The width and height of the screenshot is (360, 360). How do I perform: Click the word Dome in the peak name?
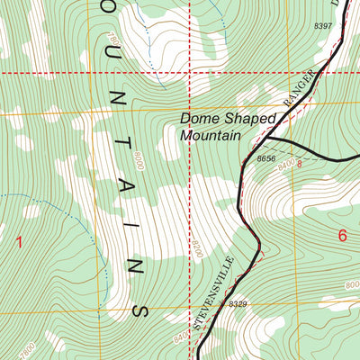(x=195, y=118)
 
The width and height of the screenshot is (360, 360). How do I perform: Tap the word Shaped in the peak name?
(x=234, y=118)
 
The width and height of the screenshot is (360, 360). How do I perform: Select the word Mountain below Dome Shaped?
(x=211, y=135)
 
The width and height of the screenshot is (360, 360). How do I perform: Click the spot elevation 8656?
(x=265, y=158)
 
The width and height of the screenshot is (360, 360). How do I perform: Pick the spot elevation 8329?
(x=237, y=305)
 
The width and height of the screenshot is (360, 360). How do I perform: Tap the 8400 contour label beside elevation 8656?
(x=288, y=165)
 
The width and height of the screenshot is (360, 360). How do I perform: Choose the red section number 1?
(x=19, y=241)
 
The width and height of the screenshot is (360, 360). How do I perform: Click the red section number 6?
(x=342, y=236)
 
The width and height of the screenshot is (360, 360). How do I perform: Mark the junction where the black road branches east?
(x=270, y=141)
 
